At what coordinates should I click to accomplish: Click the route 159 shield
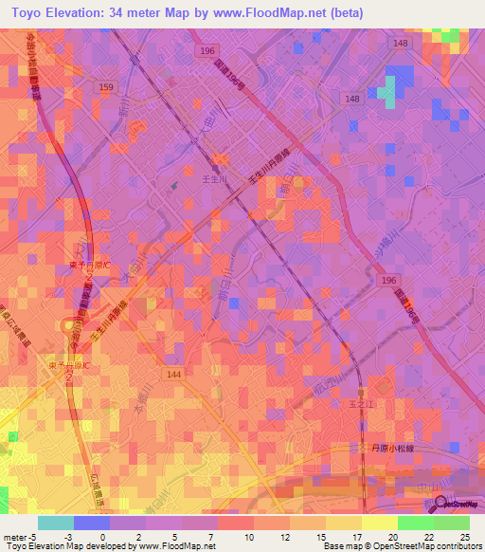point(106,86)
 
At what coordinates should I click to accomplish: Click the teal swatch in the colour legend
point(56,523)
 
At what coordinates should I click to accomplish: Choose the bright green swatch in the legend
point(415,523)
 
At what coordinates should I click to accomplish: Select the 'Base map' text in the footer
point(342,546)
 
